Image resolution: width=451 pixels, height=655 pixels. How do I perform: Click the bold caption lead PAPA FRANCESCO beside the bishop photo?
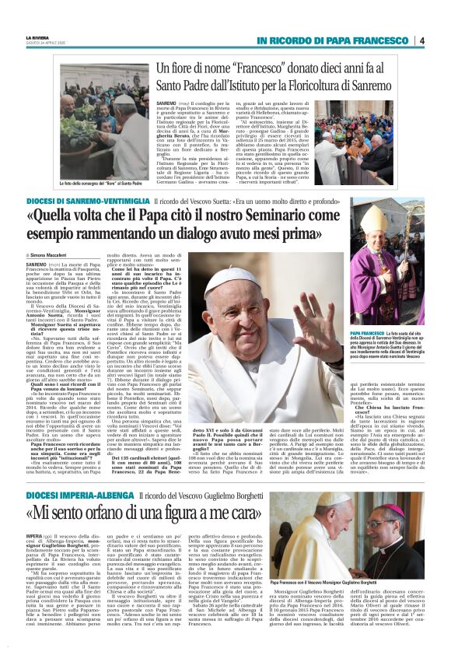coord(370,331)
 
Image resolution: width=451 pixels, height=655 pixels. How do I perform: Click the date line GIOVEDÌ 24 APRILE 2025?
coord(47,44)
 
